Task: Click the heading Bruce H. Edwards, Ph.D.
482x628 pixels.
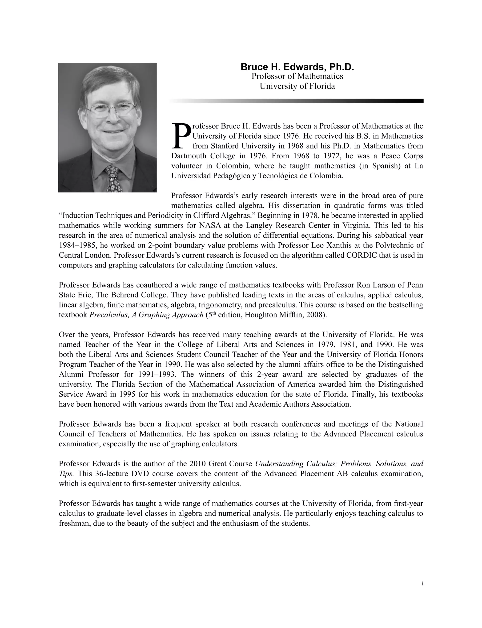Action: tap(297, 67)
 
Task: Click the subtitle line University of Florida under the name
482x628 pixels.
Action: tap(297, 86)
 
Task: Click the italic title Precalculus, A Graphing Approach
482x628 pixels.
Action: tap(146, 315)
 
